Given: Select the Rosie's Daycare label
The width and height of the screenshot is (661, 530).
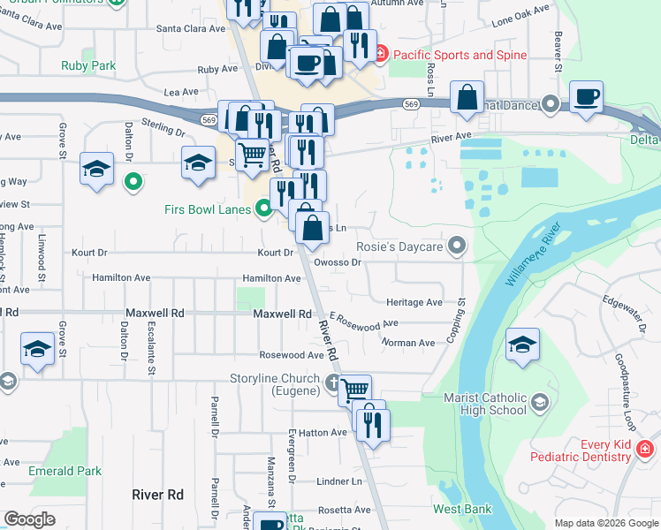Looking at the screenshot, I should click(x=399, y=246).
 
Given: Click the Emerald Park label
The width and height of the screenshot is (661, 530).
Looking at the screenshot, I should click(x=65, y=471).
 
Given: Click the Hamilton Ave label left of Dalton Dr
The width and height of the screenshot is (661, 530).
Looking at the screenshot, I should click(x=121, y=277).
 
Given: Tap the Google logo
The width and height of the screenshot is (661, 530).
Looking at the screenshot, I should click(x=29, y=519).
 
